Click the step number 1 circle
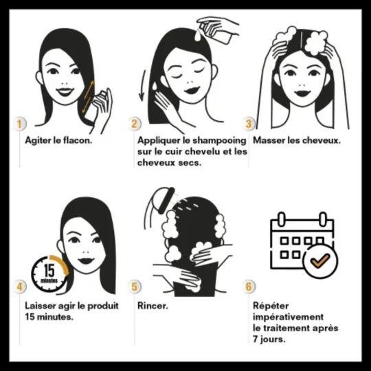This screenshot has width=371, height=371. [x=20, y=124]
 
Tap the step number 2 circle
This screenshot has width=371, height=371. [x=135, y=124]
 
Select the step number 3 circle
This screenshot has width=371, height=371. [x=249, y=124]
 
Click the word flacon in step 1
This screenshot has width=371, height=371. [x=76, y=139]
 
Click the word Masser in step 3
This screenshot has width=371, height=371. [x=269, y=139]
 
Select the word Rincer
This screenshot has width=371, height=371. [x=153, y=304]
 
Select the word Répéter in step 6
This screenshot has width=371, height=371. [x=271, y=306]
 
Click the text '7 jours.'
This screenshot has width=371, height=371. [x=270, y=339]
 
